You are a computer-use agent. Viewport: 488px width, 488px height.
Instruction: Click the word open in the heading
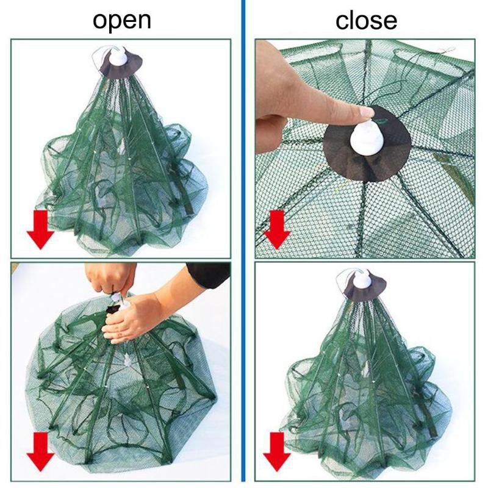point(121,20)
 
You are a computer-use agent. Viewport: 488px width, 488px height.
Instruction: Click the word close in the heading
point(366,20)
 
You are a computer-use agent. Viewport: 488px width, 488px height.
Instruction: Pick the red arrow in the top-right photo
point(277,229)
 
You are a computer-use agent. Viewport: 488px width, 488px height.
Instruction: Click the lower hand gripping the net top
point(134,317)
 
